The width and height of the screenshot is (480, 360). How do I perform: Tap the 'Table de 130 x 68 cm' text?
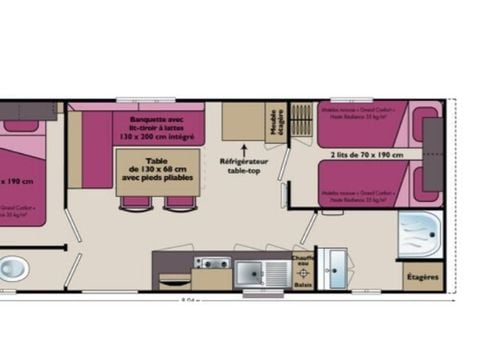pyautogui.click(x=158, y=171)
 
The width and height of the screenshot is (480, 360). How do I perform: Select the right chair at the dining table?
pyautogui.click(x=179, y=203)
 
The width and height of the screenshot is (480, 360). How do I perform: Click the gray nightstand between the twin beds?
pyautogui.click(x=433, y=154)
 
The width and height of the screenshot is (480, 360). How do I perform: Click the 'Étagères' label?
pyautogui.click(x=421, y=274)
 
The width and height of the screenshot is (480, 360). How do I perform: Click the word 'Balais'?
pyautogui.click(x=302, y=285)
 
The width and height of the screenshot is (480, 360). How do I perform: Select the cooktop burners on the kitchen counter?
pyautogui.click(x=211, y=264)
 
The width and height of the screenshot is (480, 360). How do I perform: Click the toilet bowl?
pyautogui.click(x=12, y=268)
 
